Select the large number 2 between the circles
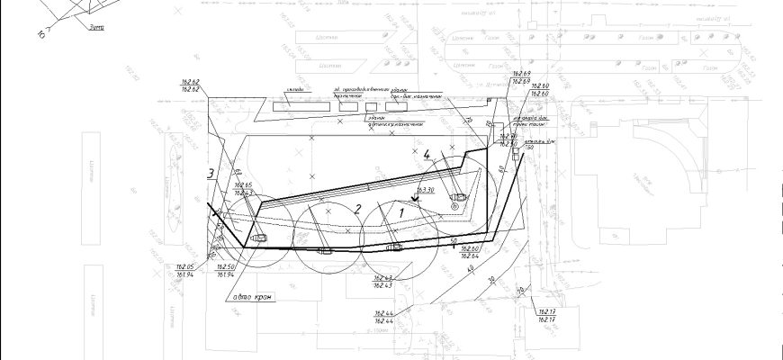tap(357, 209)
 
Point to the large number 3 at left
tap(209, 174)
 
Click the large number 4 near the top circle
tap(427, 154)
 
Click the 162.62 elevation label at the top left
tap(190, 86)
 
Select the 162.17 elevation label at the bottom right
tap(546, 316)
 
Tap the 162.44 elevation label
tap(385, 318)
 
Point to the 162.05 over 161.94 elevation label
tap(185, 270)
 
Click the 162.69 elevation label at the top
tap(521, 77)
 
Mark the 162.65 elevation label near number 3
tap(243, 189)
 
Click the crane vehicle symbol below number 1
tap(393, 246)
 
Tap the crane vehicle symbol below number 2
tap(324, 249)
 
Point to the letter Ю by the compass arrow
tap(42, 34)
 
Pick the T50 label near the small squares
tap(517, 147)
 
